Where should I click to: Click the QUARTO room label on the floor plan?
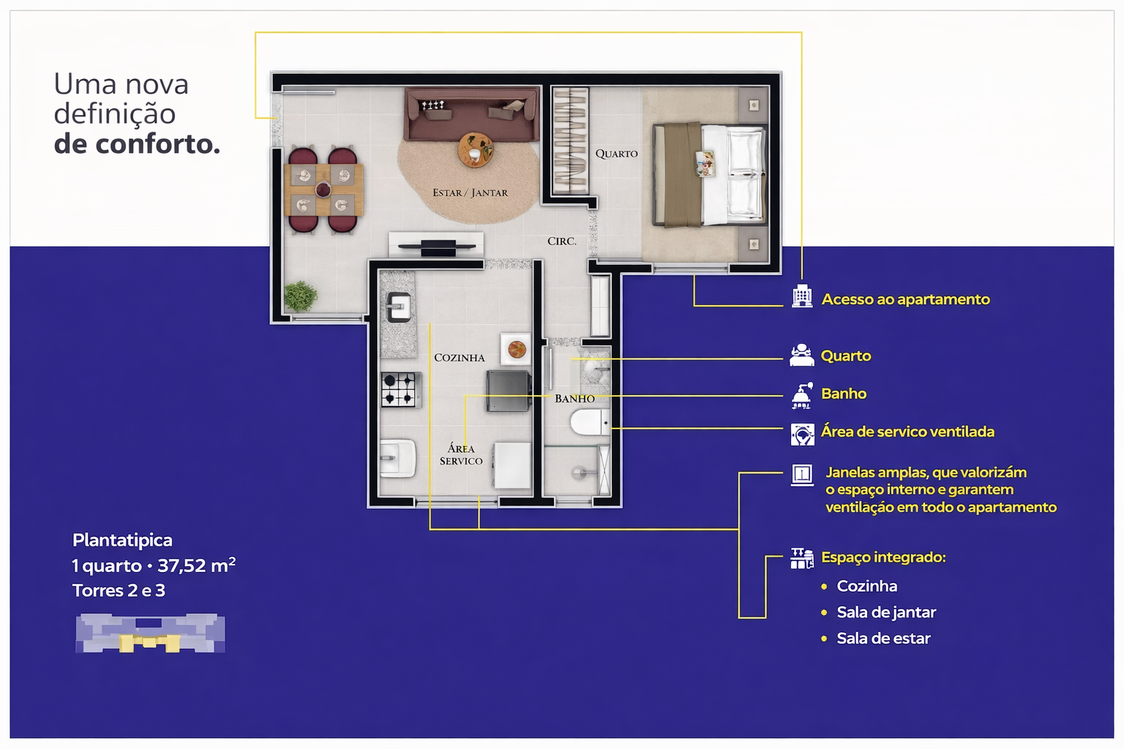[616, 154]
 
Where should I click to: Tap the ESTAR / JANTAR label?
[471, 192]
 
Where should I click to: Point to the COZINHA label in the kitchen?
[459, 358]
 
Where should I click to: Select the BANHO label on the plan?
[574, 399]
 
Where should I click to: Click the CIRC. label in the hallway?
[561, 241]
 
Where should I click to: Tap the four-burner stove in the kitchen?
[400, 389]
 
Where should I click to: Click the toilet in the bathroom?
[590, 422]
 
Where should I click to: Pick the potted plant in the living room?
[301, 296]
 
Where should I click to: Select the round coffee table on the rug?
[475, 149]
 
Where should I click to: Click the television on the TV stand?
[437, 246]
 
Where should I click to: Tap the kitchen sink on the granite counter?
[398, 306]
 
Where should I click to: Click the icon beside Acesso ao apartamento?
[802, 296]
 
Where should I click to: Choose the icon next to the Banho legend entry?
[802, 395]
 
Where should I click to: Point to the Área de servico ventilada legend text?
[907, 432]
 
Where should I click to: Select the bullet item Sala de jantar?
[886, 612]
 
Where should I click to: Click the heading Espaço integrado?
[883, 557]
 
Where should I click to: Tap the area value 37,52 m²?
[197, 565]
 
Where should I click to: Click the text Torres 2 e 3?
[119, 590]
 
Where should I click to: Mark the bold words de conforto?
[137, 144]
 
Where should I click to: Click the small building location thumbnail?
[150, 633]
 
